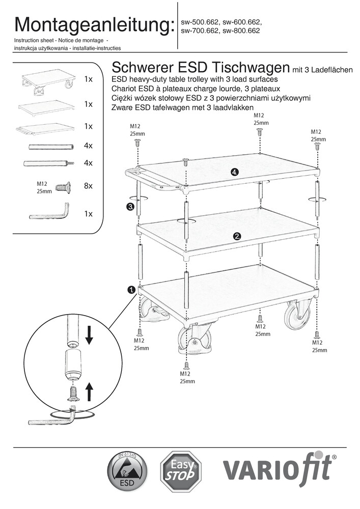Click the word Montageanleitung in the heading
point(93,25)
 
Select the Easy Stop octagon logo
point(181,471)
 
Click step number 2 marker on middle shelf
point(237,236)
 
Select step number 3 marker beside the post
point(130,207)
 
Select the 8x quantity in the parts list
point(88,186)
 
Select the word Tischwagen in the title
point(251,68)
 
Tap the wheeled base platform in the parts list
point(48,82)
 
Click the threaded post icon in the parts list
point(49,163)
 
